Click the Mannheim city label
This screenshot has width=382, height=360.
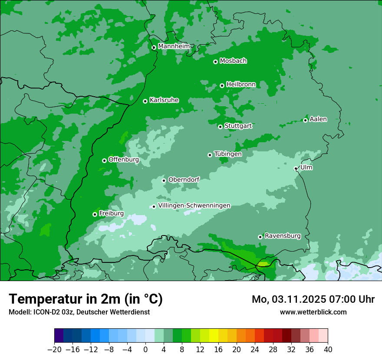tap(174, 46)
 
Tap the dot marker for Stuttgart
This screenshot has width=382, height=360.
tap(220, 127)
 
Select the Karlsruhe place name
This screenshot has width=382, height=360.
tap(164, 100)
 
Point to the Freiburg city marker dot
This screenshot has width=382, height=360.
tap(95, 214)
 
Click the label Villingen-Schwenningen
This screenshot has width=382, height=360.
tap(194, 206)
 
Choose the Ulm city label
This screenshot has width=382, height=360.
tap(306, 167)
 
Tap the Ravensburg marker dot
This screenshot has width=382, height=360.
tap(260, 237)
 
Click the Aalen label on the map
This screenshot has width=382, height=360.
tap(318, 119)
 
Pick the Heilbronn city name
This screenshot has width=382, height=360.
tap(241, 84)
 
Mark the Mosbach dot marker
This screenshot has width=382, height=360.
tap(215, 62)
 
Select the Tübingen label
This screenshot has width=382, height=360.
tap(228, 154)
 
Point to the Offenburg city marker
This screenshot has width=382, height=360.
tap(104, 160)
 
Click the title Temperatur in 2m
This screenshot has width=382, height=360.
tap(86, 299)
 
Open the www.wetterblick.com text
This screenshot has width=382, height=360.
tap(313, 312)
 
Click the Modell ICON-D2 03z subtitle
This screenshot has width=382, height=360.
tap(79, 312)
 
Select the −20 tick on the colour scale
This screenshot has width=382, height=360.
tap(54, 349)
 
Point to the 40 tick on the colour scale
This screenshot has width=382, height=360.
tap(328, 349)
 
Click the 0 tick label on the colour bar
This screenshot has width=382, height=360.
tap(145, 349)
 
